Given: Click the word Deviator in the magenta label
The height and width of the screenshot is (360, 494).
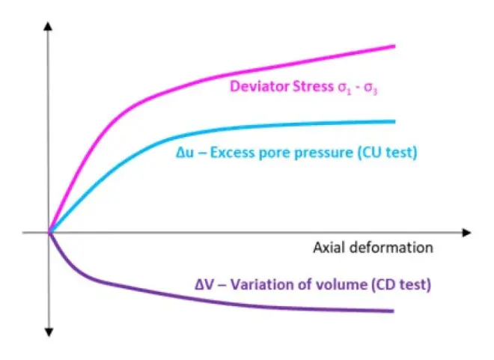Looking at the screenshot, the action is pos(259,86).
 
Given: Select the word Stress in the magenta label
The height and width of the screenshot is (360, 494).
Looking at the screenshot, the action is pos(313,86).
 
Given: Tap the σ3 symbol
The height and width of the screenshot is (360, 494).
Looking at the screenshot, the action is pos(370,88).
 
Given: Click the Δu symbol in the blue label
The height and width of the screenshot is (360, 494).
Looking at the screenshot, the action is pos(185,153).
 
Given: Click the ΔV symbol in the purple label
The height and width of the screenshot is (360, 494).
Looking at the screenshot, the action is pos(204,284).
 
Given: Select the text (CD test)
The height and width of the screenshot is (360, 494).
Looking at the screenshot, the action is pos(401,284).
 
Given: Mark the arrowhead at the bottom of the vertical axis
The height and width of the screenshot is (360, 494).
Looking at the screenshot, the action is pos(49,332).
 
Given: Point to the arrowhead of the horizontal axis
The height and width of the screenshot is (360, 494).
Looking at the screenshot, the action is pos(466,233).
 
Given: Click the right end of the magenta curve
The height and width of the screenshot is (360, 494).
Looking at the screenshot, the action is pos(395,46).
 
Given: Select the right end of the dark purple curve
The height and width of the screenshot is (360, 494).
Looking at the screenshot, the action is pos(394,311).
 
